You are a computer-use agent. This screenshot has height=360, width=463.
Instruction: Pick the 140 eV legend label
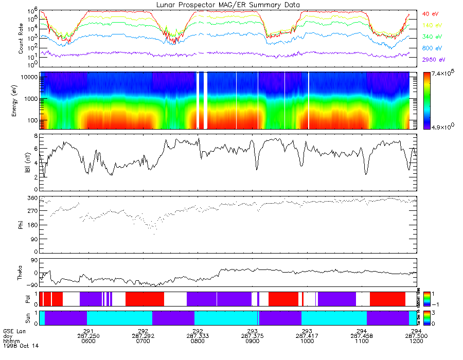click(x=431, y=25)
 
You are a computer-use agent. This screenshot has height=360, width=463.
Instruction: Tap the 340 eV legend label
click(x=431, y=37)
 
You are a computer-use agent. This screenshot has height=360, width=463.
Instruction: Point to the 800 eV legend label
click(x=431, y=48)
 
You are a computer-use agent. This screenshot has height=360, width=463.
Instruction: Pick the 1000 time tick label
click(x=307, y=340)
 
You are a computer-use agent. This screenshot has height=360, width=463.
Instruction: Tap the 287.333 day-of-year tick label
click(x=198, y=335)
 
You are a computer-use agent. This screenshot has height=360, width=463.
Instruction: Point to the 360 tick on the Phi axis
click(x=32, y=198)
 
